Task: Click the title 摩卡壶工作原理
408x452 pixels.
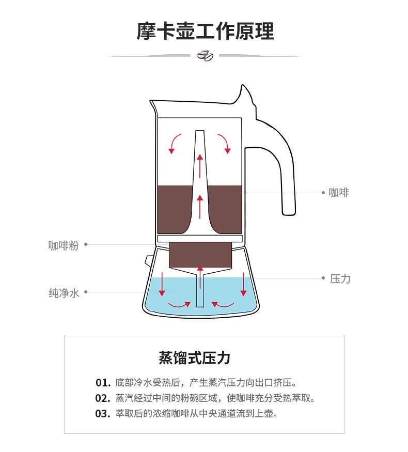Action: pyautogui.click(x=205, y=31)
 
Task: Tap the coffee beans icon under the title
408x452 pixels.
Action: pyautogui.click(x=205, y=55)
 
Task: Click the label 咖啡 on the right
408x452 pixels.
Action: pyautogui.click(x=339, y=193)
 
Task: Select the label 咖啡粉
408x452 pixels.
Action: pyautogui.click(x=64, y=245)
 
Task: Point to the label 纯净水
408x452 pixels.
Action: pyautogui.click(x=64, y=292)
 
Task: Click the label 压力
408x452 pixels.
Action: pyautogui.click(x=340, y=278)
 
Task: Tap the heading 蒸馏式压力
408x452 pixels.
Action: pyautogui.click(x=194, y=357)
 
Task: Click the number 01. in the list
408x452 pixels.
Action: pyautogui.click(x=103, y=383)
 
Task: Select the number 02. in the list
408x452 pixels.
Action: pyautogui.click(x=103, y=398)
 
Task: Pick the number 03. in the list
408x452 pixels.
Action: pyautogui.click(x=103, y=414)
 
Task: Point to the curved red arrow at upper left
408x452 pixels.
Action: pyautogui.click(x=175, y=143)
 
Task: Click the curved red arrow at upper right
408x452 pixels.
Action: pyautogui.click(x=224, y=143)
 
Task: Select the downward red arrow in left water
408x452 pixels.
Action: pyautogui.click(x=162, y=284)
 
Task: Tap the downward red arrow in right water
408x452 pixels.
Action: pyautogui.click(x=243, y=284)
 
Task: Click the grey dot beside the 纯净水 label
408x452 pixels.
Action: pyautogui.click(x=86, y=292)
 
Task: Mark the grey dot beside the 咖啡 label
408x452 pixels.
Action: pyautogui.click(x=323, y=193)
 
